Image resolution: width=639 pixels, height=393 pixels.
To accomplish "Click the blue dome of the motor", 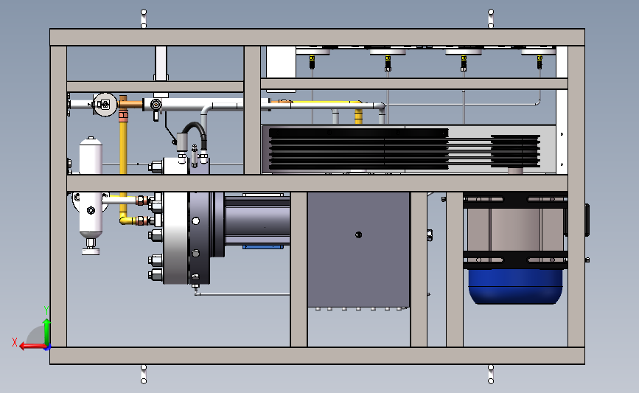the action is point(515,286).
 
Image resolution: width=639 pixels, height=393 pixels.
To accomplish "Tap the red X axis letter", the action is point(15,342).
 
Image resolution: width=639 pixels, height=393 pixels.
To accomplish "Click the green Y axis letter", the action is point(46,310).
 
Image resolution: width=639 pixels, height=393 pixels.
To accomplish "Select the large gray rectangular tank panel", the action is point(358,249).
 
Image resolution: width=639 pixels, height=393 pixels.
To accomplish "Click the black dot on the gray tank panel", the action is point(359,234).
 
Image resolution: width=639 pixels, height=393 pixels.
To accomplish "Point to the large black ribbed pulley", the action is point(359,149).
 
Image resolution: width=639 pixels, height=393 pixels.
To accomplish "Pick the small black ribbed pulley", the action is point(515,151).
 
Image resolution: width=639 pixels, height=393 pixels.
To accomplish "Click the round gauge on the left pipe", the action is point(105,105).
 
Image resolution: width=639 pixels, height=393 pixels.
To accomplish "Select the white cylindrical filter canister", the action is point(91,155).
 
